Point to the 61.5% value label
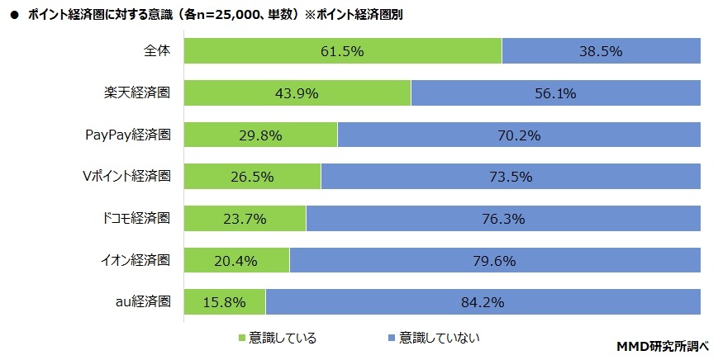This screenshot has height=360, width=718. coord(343,51)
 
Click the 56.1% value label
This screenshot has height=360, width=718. coord(555,93)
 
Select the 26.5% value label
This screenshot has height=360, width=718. coord(253,177)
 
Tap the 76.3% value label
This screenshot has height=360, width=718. coord(503,219)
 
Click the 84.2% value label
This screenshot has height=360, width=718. coord(483,302)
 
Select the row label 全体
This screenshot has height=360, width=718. coord(157,50)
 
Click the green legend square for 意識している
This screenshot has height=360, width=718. coord(242,338)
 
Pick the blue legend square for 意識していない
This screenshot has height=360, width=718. coord(389,338)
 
